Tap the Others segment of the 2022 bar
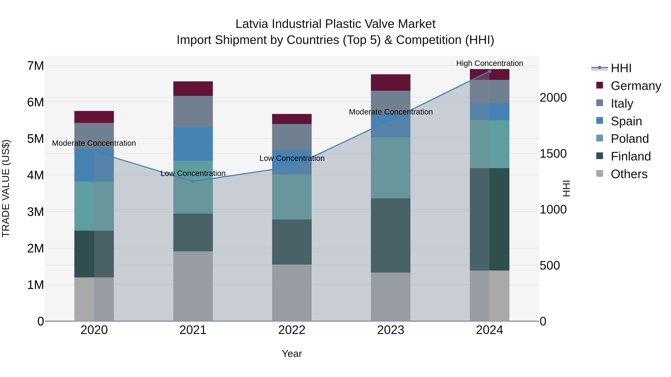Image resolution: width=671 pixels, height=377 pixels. click(292, 293)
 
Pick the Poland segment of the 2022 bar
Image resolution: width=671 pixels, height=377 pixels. click(292, 197)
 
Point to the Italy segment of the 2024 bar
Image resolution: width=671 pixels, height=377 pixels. click(489, 91)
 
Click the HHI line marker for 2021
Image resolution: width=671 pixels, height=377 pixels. click(193, 181)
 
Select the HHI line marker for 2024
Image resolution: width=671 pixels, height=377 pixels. click(489, 71)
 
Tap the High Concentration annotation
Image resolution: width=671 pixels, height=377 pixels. click(489, 63)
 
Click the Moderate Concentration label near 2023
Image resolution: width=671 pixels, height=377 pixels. click(390, 112)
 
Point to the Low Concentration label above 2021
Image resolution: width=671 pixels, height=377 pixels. click(193, 173)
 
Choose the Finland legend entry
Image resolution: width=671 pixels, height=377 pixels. click(630, 156)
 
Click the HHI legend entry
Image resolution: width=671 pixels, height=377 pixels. click(621, 68)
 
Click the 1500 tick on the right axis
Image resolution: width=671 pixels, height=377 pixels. click(553, 154)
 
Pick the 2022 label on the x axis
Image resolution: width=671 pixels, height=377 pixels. click(292, 330)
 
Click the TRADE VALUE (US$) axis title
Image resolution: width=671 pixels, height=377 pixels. click(6, 188)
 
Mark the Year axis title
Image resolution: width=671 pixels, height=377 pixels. click(292, 354)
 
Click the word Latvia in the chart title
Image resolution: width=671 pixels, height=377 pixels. click(252, 24)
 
